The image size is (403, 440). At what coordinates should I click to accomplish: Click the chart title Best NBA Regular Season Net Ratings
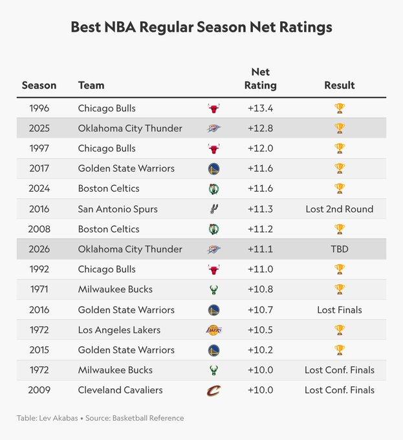[x=201, y=27]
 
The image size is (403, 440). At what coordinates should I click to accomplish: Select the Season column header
[x=39, y=85]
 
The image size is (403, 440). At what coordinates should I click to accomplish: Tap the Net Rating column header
[x=260, y=79]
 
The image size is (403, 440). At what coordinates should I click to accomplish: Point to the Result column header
[x=339, y=85]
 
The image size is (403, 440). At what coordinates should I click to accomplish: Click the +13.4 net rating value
[x=260, y=108]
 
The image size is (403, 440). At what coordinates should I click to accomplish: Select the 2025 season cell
[x=39, y=128]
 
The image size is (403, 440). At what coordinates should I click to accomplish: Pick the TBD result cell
[x=339, y=249]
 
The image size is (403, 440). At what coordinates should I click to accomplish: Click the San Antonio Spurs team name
[x=118, y=209]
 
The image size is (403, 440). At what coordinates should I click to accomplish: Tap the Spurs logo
[x=214, y=209]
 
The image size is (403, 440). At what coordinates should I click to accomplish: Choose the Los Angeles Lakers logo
[x=214, y=330]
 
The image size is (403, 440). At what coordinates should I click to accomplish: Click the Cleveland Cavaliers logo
[x=214, y=390]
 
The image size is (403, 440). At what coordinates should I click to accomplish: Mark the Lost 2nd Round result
[x=339, y=209]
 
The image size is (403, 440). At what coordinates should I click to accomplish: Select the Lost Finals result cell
[x=339, y=310]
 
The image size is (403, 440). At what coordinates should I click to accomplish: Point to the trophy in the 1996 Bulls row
[x=339, y=108]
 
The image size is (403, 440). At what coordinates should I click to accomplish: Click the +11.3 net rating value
[x=260, y=209]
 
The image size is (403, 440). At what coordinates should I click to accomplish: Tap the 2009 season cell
[x=39, y=390]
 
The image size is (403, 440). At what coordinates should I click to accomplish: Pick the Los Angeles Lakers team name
[x=119, y=330]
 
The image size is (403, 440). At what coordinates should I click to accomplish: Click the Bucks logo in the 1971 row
[x=214, y=289]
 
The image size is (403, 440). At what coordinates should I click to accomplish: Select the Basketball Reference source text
[x=149, y=418]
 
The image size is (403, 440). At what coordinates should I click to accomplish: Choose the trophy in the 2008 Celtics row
[x=339, y=229]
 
